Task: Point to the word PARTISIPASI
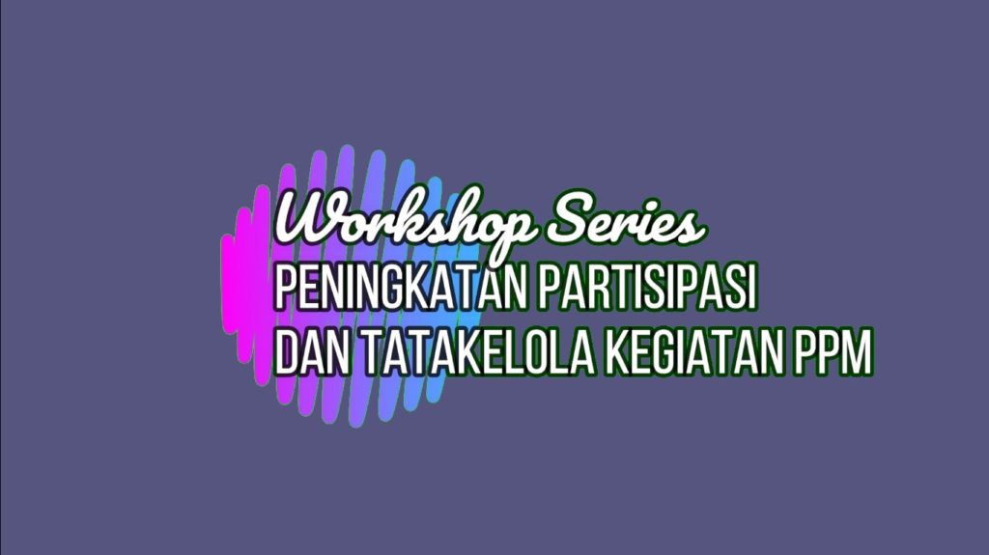click(x=647, y=288)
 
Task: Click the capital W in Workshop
click(x=309, y=217)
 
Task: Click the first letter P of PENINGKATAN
click(x=286, y=288)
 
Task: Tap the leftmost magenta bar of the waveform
click(x=228, y=284)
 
